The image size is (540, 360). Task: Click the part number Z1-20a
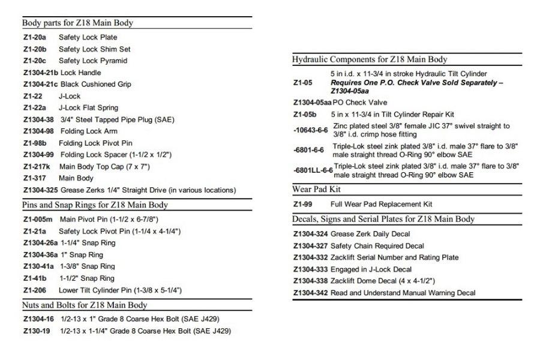pos(34,37)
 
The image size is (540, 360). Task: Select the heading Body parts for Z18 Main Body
pos(77,23)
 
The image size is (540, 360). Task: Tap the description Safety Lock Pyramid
pos(93,61)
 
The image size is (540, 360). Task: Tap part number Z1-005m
pos(37,219)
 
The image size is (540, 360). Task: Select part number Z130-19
pos(35,331)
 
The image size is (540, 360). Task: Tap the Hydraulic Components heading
pos(370,59)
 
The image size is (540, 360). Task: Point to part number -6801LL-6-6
pos(313,170)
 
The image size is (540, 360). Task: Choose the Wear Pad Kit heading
pos(314,190)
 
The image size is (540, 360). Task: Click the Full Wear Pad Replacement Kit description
pos(381,205)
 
